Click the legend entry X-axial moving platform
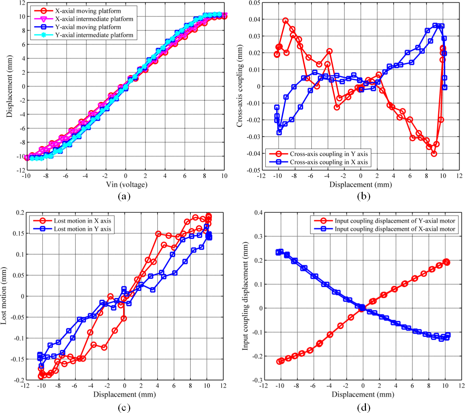[x=88, y=11]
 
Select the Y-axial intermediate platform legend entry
[x=94, y=35]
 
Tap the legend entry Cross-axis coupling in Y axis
[x=329, y=154]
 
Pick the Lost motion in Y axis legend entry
[x=82, y=229]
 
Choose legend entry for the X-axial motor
[x=395, y=229]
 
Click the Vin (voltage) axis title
[x=126, y=184]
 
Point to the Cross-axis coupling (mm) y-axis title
[x=240, y=86]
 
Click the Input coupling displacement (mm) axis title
[x=245, y=296]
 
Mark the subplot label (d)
[x=363, y=407]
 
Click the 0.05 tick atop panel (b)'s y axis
[x=254, y=3]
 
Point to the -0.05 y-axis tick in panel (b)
[x=253, y=170]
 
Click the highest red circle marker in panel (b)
[x=286, y=21]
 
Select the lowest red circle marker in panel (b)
[x=434, y=153]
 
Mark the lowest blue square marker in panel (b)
[x=279, y=133]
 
